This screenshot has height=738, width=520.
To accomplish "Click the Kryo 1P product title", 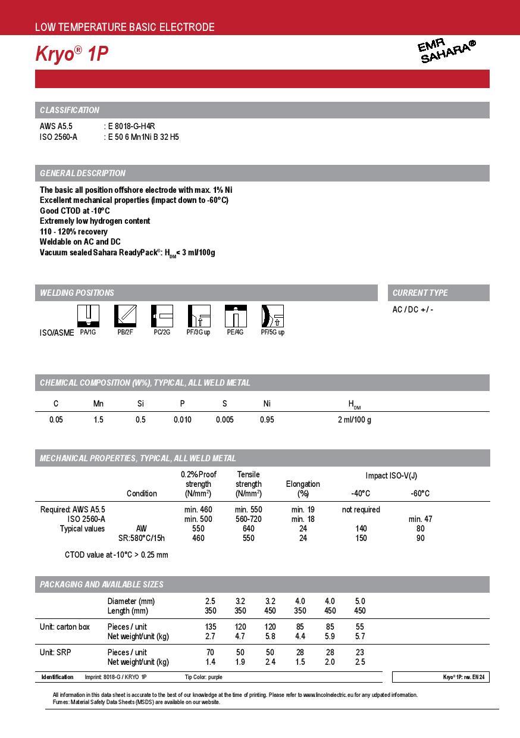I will (x=71, y=54).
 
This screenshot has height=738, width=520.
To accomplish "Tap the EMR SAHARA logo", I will (x=447, y=51).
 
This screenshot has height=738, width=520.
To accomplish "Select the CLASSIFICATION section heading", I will (x=70, y=110).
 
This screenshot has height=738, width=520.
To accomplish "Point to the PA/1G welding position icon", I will (x=89, y=315).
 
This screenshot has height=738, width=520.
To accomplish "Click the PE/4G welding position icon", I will (x=236, y=315).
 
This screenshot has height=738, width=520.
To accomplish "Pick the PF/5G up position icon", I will (x=272, y=315).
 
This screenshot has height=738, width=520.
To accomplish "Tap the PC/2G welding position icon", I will (x=162, y=315).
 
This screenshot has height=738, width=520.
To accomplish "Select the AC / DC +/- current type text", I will (x=413, y=309).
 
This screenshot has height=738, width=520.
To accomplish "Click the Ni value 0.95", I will (x=267, y=420).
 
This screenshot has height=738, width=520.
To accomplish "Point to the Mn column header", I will (x=98, y=404).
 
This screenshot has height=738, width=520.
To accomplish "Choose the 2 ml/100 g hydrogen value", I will (x=354, y=420).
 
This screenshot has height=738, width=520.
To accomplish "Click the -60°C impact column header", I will (x=420, y=493).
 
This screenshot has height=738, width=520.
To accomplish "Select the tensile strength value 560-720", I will (x=248, y=519).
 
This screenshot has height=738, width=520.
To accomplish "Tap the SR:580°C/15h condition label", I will (x=142, y=538).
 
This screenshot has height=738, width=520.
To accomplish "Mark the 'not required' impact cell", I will (x=361, y=509).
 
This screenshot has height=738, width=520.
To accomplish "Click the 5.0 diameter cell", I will (x=360, y=601).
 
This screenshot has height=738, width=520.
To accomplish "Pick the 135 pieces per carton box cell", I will (x=210, y=627).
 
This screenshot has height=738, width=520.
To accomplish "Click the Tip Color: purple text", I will (x=203, y=677).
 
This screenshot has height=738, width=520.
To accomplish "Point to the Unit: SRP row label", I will (x=55, y=652).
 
